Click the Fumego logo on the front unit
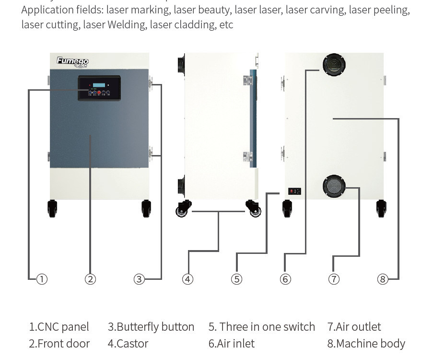(72, 61)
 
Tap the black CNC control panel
(99, 88)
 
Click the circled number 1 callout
(42, 279)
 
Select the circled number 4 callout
(188, 279)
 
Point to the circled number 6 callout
(285, 279)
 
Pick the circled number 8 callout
(382, 279)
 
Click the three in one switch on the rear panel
(294, 191)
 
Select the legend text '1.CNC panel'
(59, 327)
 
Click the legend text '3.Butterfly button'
(151, 327)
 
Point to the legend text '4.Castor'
(128, 344)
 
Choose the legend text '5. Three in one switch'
(262, 327)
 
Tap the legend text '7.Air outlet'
(354, 327)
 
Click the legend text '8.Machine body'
(366, 344)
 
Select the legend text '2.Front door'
(59, 344)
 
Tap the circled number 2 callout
(90, 279)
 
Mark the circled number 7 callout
(334, 279)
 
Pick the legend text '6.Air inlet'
(232, 344)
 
